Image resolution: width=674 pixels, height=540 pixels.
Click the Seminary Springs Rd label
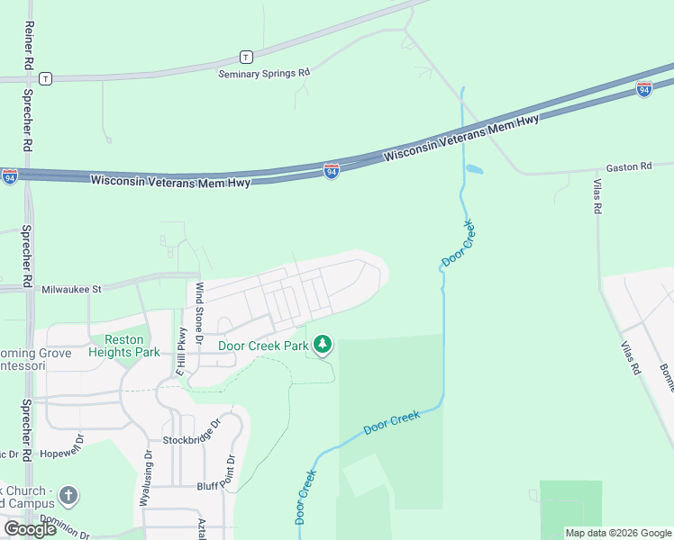point(264,73)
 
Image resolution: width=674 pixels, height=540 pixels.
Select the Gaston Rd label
point(628,167)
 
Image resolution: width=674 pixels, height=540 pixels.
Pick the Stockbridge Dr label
point(192,437)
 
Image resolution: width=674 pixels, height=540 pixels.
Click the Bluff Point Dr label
point(215,485)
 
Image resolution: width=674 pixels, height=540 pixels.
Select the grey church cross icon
point(69,496)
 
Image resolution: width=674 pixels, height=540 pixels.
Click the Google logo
point(30,529)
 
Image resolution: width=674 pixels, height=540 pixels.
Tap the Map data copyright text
point(618,533)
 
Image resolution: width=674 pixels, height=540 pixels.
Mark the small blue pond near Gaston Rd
point(474,168)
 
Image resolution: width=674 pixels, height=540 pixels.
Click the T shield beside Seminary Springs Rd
point(245,56)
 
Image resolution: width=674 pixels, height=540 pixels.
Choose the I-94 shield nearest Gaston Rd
point(643,89)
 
